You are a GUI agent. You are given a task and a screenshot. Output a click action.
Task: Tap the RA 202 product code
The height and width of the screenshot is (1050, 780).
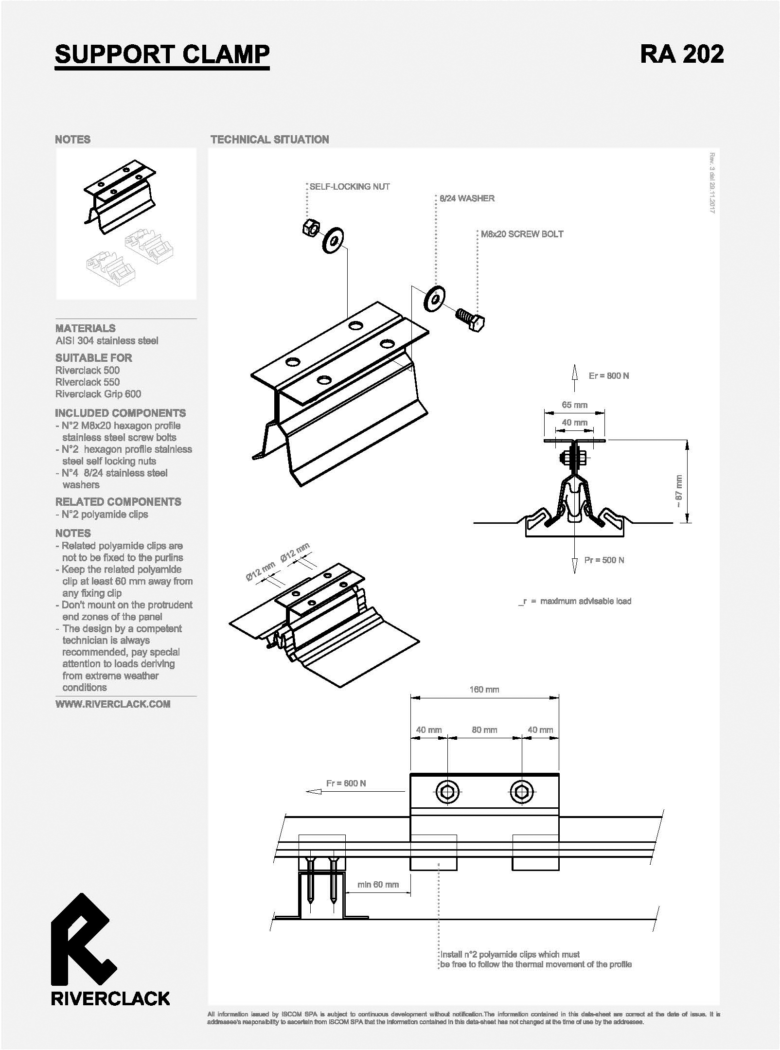[x=682, y=53]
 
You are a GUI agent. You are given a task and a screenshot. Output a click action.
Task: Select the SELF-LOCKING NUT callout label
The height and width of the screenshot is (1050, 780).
[x=350, y=186]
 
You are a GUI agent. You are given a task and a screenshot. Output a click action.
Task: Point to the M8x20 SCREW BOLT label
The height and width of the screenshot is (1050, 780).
[x=522, y=234]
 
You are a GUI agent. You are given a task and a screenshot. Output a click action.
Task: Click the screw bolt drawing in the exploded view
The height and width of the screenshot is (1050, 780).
[x=470, y=320]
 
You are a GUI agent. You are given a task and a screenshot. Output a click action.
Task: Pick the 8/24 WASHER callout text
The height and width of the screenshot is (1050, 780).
[x=467, y=198]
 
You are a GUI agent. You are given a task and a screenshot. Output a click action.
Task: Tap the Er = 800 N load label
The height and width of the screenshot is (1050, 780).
[x=608, y=375]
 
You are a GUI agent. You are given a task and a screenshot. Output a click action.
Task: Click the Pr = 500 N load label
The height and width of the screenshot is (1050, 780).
[x=604, y=560]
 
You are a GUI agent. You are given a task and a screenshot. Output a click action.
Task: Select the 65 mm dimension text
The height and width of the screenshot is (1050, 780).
[x=574, y=405]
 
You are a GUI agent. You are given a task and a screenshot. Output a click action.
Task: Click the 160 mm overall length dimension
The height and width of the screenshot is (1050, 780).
[x=484, y=689]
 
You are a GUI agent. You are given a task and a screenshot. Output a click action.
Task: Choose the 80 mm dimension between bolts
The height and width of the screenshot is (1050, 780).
[x=484, y=730]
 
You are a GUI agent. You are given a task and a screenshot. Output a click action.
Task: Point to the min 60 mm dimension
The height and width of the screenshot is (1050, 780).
[x=378, y=884]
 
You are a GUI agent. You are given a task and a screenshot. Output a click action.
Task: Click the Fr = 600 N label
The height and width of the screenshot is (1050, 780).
[x=346, y=783]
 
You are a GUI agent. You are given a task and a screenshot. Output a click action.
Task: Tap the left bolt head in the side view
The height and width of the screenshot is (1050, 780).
[x=446, y=792]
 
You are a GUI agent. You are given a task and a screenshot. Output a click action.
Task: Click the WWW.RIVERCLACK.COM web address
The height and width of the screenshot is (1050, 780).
[x=113, y=704]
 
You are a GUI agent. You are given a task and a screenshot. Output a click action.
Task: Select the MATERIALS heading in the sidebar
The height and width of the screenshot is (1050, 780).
[x=86, y=328]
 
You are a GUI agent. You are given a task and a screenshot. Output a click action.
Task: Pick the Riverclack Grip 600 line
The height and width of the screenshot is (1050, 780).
[x=98, y=394]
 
